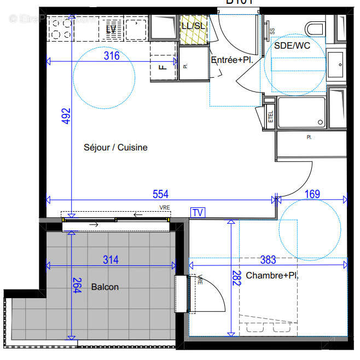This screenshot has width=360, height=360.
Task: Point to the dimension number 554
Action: [160, 194]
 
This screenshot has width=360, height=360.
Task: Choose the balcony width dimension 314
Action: [111, 260]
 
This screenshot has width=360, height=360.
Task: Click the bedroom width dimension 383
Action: [268, 260]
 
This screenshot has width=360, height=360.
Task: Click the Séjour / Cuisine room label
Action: [115, 148]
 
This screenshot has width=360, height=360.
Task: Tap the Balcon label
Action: [104, 287]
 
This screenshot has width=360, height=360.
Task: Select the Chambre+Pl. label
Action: [272, 275]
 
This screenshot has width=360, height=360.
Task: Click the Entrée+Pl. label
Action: [232, 60]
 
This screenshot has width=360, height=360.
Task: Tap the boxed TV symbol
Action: [198, 212]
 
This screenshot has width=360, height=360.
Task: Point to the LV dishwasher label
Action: [111, 30]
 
